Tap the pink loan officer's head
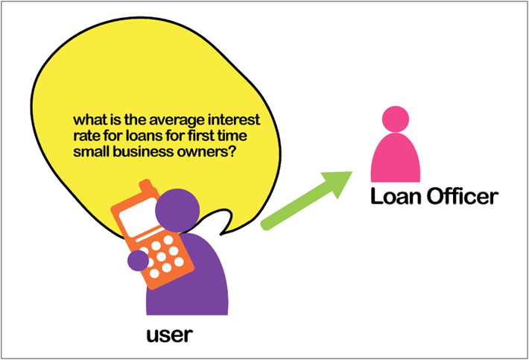396,119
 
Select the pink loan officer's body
396,158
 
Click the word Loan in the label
396,196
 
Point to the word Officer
463,196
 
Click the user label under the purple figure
170,335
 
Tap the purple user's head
177,210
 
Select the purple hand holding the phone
138,260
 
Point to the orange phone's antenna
146,186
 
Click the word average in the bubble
177,121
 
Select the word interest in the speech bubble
234,120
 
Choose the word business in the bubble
143,152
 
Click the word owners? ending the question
206,152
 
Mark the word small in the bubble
92,152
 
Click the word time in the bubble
233,136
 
